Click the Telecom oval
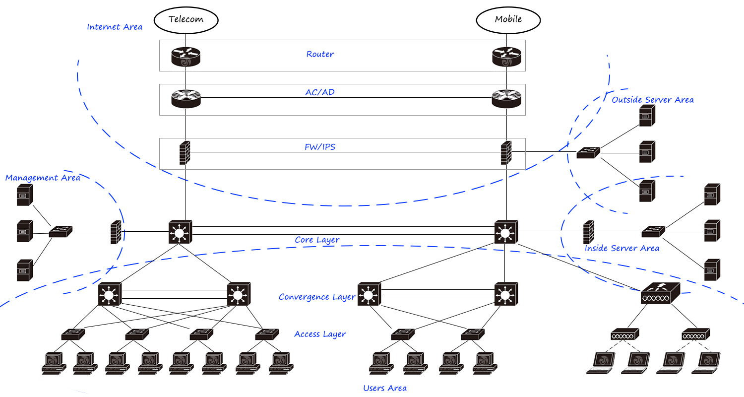186,19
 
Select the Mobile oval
508,19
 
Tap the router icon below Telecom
186,56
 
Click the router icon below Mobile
506,56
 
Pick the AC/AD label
320,92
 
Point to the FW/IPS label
320,147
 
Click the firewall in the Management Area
116,232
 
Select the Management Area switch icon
61,231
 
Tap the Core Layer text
317,240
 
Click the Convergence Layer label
317,297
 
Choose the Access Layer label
320,334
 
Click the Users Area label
385,388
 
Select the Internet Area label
115,27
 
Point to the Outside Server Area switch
588,152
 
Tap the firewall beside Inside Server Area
589,231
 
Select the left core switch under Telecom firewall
180,232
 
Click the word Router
320,54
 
